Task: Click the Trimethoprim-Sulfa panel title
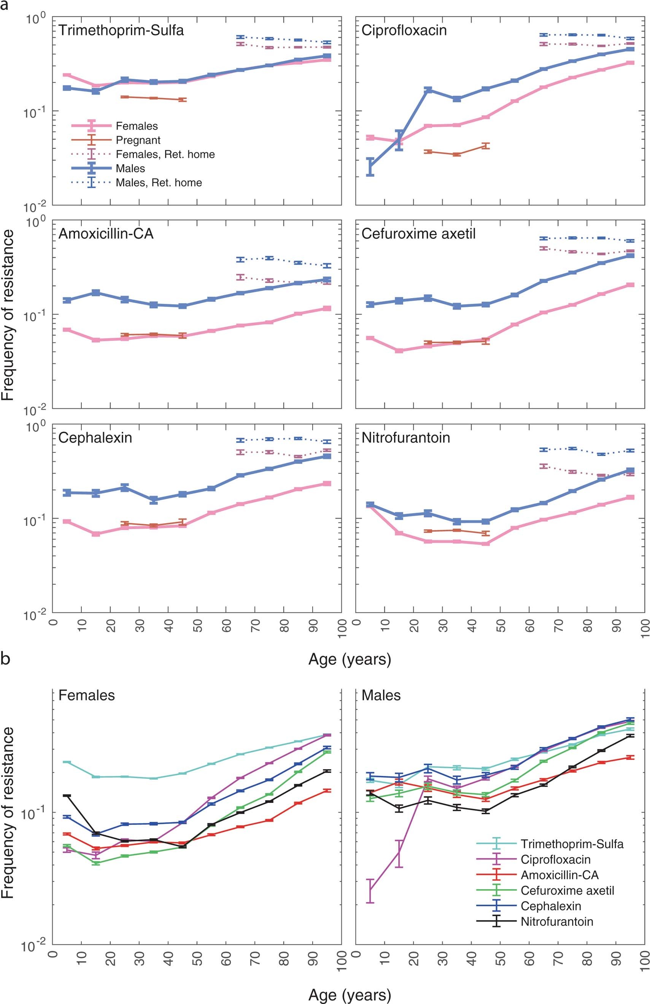[121, 30]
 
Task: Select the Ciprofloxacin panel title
[404, 30]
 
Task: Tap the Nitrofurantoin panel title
[405, 437]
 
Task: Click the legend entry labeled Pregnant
[138, 140]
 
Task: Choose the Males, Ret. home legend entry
[159, 183]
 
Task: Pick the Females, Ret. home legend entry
[165, 154]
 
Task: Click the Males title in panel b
[381, 695]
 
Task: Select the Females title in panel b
[86, 695]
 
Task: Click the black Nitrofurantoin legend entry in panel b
[556, 922]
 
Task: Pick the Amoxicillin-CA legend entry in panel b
[559, 875]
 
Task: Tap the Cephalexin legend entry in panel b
[550, 906]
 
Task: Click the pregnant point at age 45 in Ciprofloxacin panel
[485, 146]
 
